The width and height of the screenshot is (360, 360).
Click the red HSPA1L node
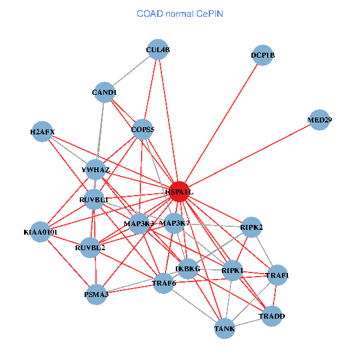[x=179, y=191]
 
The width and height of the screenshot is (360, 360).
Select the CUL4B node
[x=158, y=50]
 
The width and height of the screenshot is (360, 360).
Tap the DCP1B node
[x=263, y=55]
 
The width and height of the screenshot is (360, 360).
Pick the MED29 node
[x=320, y=119]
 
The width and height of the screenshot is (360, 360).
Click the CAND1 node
[x=104, y=92]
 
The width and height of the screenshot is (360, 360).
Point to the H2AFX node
[x=43, y=131]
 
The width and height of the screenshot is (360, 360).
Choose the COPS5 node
[x=143, y=129]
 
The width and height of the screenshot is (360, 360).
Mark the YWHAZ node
[x=95, y=170]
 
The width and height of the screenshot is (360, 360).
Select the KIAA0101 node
[x=41, y=232]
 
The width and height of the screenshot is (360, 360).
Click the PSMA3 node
[x=96, y=294]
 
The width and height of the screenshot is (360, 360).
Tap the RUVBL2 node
[x=90, y=247]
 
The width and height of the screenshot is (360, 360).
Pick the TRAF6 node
[x=164, y=283]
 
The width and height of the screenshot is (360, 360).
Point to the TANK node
[x=224, y=328]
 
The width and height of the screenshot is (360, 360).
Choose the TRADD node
[x=272, y=316]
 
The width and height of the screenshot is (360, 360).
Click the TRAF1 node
[x=277, y=275]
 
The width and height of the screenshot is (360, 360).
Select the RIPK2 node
[x=252, y=227]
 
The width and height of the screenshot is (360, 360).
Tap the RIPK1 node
[x=233, y=271]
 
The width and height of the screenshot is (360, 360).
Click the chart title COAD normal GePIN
[x=180, y=13]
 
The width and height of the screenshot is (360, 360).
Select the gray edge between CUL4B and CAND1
[x=131, y=71]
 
